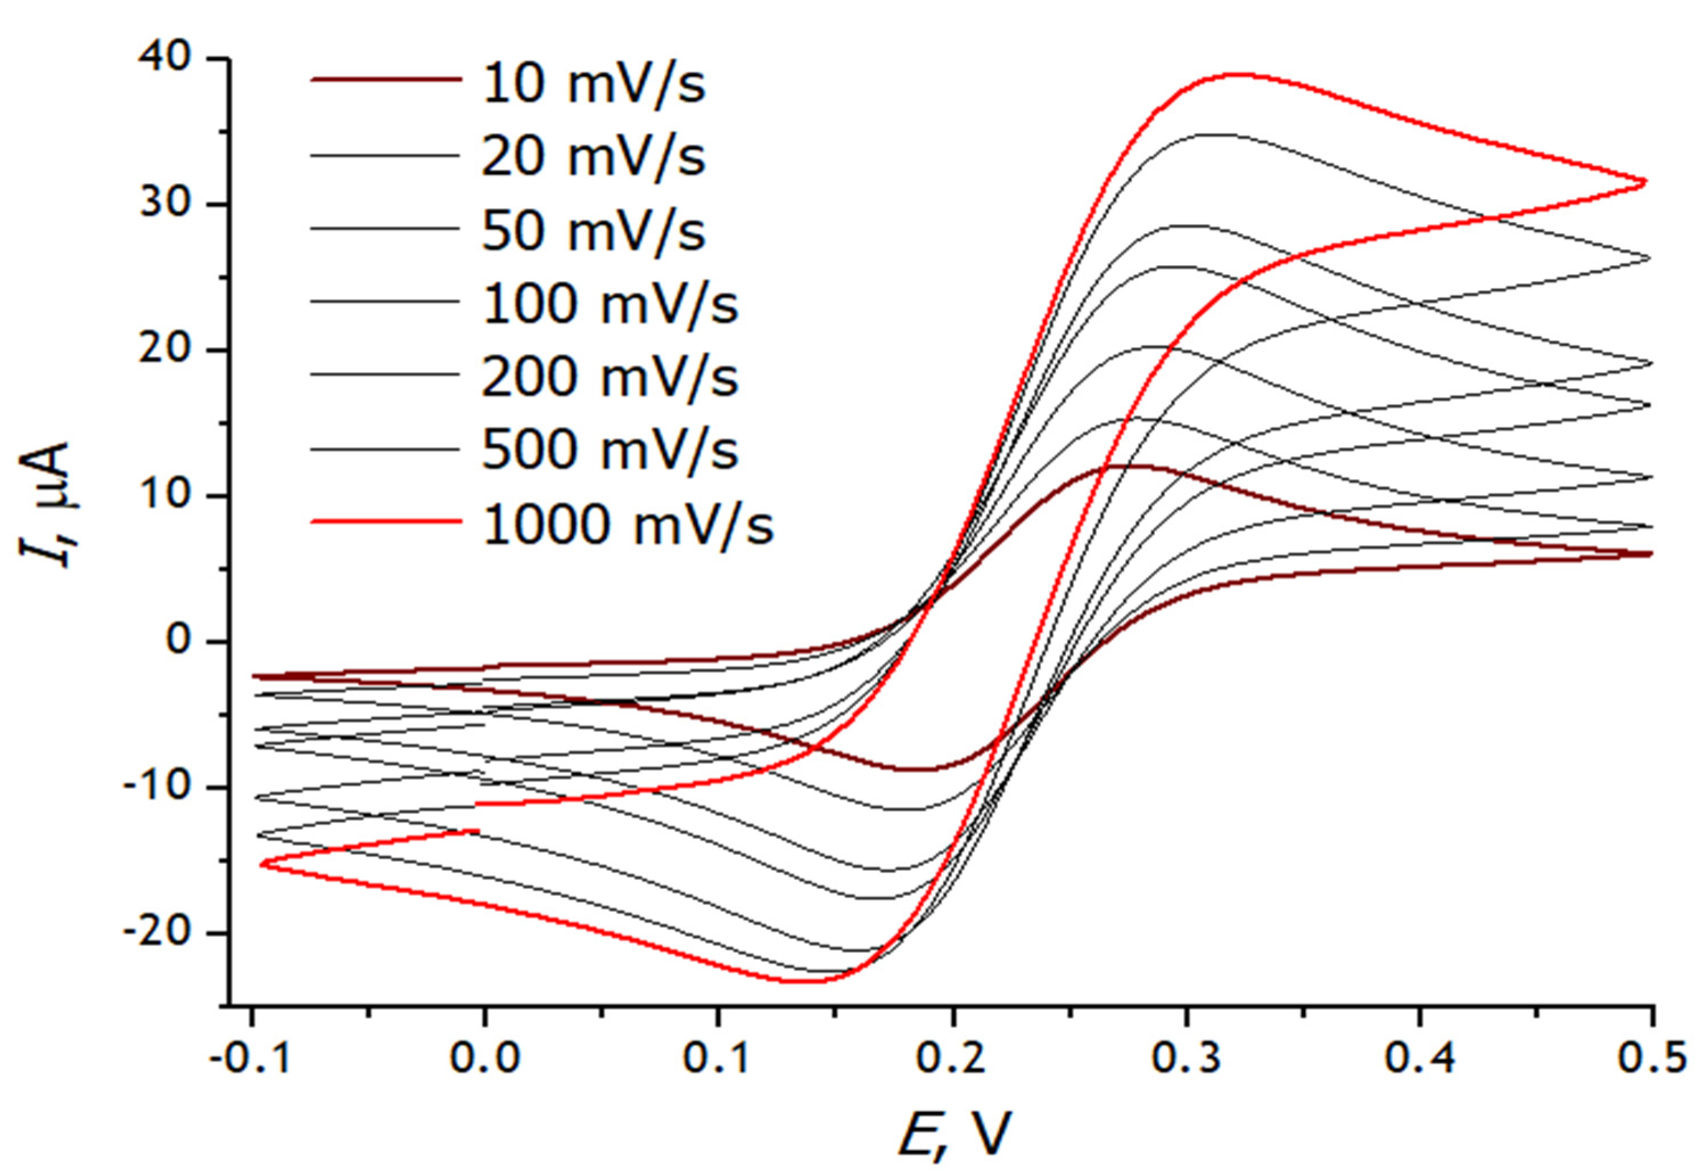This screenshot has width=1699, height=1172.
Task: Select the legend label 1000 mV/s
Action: tap(628, 525)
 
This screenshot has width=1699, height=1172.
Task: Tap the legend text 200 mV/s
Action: tap(610, 377)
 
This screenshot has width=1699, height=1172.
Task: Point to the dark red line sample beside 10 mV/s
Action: tap(386, 78)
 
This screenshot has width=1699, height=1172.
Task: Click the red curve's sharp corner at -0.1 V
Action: tap(261, 864)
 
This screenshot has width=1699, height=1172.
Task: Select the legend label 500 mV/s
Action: tap(610, 450)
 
